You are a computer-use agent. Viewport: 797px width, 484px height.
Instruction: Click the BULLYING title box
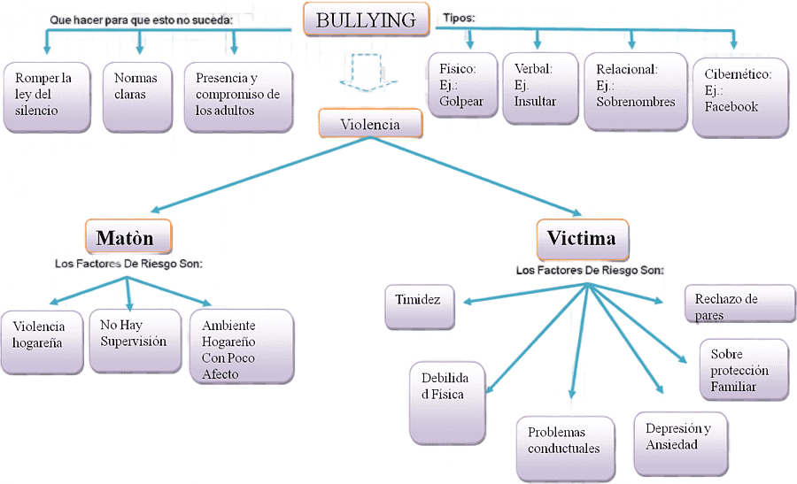coord(366,19)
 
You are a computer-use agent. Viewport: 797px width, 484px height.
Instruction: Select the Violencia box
coord(370,125)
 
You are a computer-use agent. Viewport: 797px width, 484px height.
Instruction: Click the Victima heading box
coord(581,238)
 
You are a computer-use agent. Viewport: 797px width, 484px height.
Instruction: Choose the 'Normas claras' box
coord(136,93)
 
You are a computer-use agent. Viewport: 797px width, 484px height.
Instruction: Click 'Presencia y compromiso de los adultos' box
coord(237,96)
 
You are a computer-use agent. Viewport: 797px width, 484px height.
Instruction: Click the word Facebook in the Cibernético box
coord(731,107)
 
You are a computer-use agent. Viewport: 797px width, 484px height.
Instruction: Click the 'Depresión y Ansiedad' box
coord(678,437)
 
